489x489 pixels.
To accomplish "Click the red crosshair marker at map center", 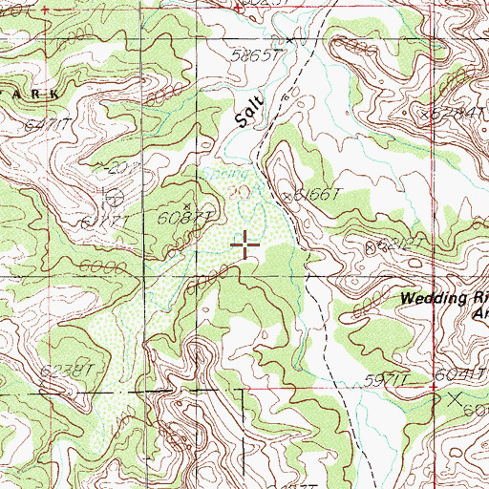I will tap(245, 245).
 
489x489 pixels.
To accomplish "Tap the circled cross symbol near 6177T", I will tap(115, 199).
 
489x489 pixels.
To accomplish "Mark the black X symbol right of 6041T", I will tap(457, 395).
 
